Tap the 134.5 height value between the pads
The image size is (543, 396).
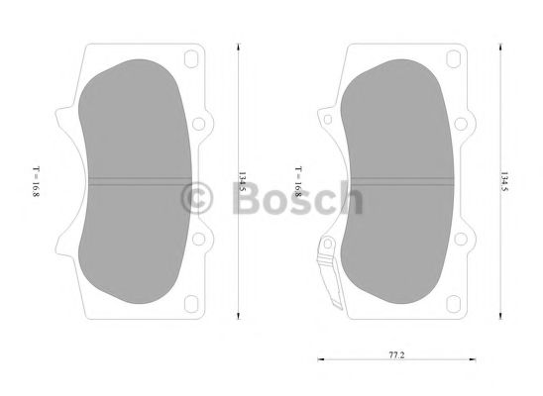(x=242, y=182)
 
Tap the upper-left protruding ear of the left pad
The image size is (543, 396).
(x=61, y=119)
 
